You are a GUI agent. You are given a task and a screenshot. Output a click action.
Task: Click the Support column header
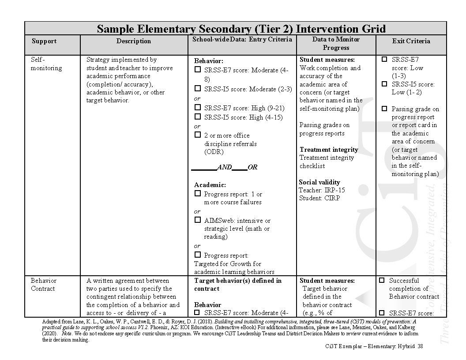click(x=44, y=41)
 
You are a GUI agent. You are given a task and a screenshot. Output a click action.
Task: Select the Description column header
click(x=133, y=41)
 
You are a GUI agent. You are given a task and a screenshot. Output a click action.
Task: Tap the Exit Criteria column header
click(x=411, y=41)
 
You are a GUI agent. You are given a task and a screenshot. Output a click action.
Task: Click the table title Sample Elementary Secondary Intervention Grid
click(x=241, y=29)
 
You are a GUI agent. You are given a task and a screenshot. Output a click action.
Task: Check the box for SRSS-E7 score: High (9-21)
click(x=198, y=107)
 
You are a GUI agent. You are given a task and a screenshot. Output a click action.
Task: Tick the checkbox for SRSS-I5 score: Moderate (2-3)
click(x=198, y=88)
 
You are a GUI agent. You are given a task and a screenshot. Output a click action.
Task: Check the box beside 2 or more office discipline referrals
click(x=198, y=135)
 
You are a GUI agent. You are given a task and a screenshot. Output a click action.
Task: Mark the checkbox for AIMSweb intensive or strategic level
click(x=198, y=220)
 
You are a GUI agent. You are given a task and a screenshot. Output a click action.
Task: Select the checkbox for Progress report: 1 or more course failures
click(x=198, y=193)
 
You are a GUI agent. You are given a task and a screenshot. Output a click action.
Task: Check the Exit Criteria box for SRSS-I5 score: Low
click(x=384, y=84)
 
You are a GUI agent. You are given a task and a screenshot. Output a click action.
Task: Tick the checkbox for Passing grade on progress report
click(x=384, y=109)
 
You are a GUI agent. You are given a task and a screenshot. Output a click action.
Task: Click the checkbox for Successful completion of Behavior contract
click(x=382, y=280)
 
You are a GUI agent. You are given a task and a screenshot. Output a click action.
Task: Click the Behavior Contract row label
click(x=43, y=285)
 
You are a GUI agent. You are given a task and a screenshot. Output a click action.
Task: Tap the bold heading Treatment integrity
click(x=329, y=150)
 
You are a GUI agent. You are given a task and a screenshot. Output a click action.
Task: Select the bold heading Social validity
click(x=319, y=182)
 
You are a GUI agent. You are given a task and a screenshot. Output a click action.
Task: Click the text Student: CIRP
click(x=316, y=199)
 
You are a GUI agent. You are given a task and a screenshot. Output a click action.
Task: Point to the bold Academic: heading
click(x=210, y=185)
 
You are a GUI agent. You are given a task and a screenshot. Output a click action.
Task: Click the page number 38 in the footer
click(x=420, y=346)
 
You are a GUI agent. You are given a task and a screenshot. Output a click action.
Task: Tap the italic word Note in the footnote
click(x=67, y=334)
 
